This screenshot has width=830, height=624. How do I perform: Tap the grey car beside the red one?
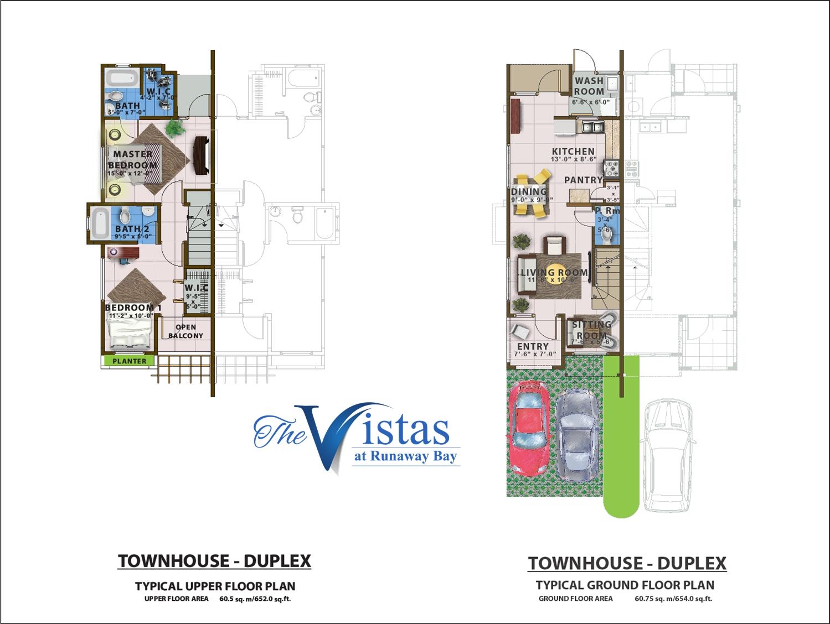[578, 436]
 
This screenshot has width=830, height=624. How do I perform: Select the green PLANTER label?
[130, 361]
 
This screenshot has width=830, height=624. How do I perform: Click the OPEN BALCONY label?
[185, 331]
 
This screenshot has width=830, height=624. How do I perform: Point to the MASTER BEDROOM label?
[133, 159]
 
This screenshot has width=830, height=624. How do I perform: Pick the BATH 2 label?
[128, 229]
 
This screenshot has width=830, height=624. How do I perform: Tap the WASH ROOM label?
[589, 86]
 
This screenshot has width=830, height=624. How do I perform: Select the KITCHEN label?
[573, 151]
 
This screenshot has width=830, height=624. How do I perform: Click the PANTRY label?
[583, 180]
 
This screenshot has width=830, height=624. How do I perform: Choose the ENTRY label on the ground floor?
[532, 347]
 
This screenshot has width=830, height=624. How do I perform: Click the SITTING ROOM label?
[591, 330]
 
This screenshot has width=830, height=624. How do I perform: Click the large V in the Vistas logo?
[321, 437]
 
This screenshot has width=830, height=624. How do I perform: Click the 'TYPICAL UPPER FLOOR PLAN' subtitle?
[215, 586]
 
